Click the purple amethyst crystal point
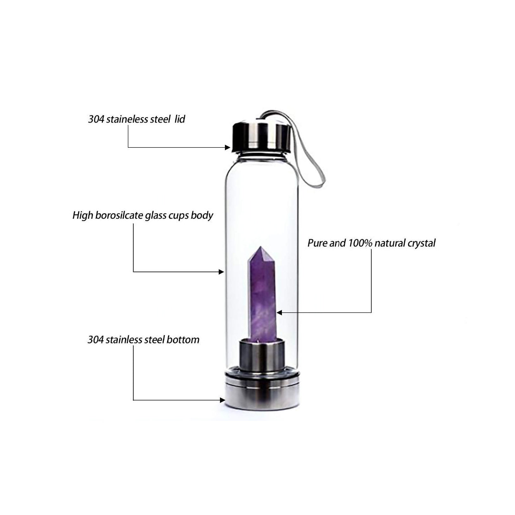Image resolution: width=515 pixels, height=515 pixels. [261, 297]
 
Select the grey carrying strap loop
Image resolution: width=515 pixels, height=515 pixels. [316, 161]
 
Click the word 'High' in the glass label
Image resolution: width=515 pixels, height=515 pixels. [83, 215]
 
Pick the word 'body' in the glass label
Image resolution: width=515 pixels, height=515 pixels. [202, 215]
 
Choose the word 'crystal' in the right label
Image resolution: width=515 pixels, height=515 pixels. [421, 243]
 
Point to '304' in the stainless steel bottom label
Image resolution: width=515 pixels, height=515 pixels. [95, 340]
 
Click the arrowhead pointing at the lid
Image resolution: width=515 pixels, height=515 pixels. [227, 147]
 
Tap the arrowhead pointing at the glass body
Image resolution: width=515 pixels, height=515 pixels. [221, 272]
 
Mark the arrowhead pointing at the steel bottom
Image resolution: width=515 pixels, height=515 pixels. [222, 399]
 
